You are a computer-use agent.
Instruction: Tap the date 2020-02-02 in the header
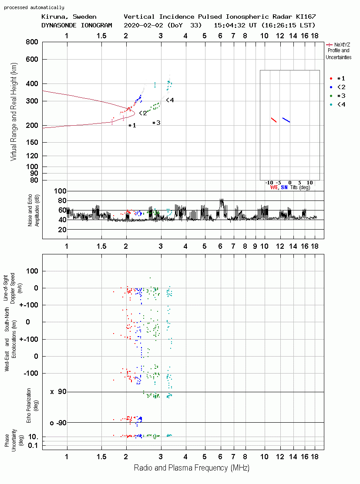pyautogui.click(x=143, y=25)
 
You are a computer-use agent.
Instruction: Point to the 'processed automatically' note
pyautogui.click(x=34, y=7)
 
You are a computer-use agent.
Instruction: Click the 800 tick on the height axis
pyautogui.click(x=32, y=42)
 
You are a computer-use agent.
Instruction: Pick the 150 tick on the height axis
pyautogui.click(x=32, y=142)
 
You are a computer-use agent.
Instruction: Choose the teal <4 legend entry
pyautogui.click(x=337, y=105)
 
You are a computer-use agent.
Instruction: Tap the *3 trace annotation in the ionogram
pyautogui.click(x=156, y=123)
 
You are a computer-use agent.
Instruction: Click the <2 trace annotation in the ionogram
pyautogui.click(x=143, y=113)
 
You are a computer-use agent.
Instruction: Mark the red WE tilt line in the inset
pyautogui.click(x=274, y=120)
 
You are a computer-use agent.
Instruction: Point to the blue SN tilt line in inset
pyautogui.click(x=286, y=120)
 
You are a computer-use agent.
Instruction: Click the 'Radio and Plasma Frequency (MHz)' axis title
pyautogui.click(x=192, y=468)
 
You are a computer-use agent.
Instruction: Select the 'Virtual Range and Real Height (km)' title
pyautogui.click(x=13, y=112)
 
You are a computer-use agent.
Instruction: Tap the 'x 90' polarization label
pyautogui.click(x=58, y=392)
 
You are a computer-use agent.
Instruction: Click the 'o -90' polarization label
pyautogui.click(x=58, y=423)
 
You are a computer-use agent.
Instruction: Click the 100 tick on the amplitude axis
pyautogui.click(x=60, y=191)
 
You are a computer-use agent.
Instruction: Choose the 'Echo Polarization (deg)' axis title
pyautogui.click(x=31, y=405)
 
